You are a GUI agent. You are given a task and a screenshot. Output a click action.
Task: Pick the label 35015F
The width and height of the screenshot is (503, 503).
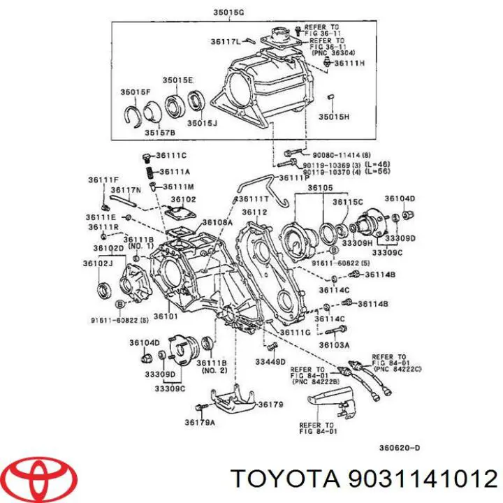point(134,92)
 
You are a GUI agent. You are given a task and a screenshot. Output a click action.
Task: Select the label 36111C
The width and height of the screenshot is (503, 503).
point(171,155)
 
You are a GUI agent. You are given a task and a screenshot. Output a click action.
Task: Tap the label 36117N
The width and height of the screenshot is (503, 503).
point(126,190)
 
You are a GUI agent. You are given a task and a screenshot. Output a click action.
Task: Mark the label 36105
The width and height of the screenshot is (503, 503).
point(321,188)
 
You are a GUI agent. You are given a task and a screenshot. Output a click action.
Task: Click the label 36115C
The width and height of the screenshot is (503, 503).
point(347,202)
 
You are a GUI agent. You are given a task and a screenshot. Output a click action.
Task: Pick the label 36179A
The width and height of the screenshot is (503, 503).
point(199,421)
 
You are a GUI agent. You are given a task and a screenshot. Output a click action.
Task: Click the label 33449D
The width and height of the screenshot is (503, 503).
point(270,361)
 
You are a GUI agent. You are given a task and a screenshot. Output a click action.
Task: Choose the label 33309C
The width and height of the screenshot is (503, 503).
point(169,388)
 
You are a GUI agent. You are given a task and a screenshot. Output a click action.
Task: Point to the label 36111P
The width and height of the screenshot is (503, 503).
point(294,178)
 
